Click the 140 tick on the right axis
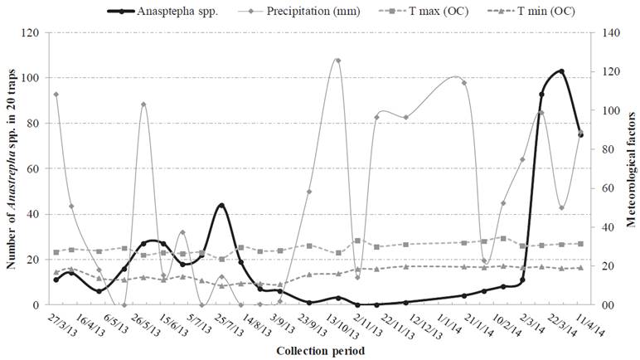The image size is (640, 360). coord(608,33)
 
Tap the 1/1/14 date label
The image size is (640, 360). coord(439,325)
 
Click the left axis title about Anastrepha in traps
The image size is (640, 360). coord(11,168)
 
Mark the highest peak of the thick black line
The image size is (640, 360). coord(561,71)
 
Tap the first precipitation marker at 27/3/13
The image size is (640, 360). coord(56,95)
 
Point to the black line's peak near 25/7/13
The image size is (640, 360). coord(221,205)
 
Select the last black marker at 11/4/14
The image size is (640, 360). coord(580,134)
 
